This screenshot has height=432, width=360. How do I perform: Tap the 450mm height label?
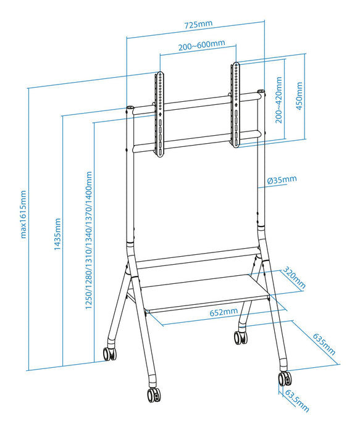click(x=299, y=95)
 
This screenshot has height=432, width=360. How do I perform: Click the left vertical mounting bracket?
click(x=159, y=114)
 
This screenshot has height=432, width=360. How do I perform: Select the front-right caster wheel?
click(x=284, y=378)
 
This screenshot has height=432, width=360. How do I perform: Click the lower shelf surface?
click(x=204, y=296)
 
